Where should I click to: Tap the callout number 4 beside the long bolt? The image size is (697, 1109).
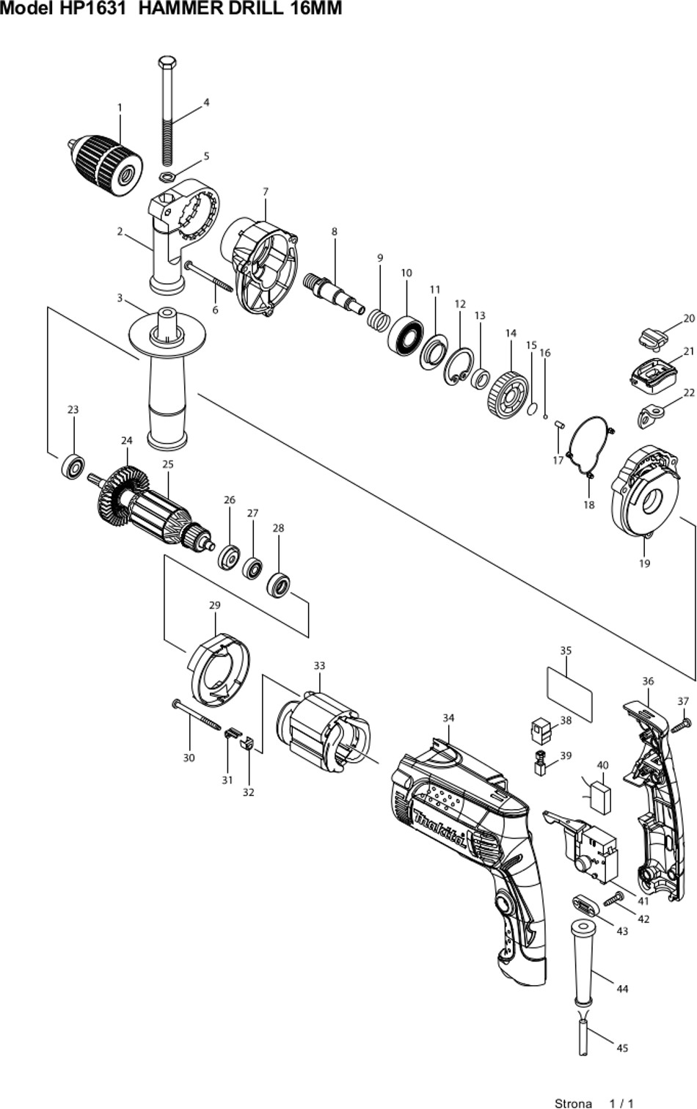(x=206, y=103)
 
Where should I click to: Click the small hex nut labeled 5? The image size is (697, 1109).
(x=167, y=176)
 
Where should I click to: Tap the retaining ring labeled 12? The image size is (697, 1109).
(x=459, y=366)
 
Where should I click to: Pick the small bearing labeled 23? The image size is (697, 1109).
(x=73, y=465)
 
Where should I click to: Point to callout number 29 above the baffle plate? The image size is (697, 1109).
(x=214, y=605)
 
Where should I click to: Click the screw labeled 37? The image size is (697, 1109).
(x=681, y=725)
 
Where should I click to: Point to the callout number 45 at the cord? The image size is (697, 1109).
(x=622, y=1047)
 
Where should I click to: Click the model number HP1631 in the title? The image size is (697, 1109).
(x=92, y=8)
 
